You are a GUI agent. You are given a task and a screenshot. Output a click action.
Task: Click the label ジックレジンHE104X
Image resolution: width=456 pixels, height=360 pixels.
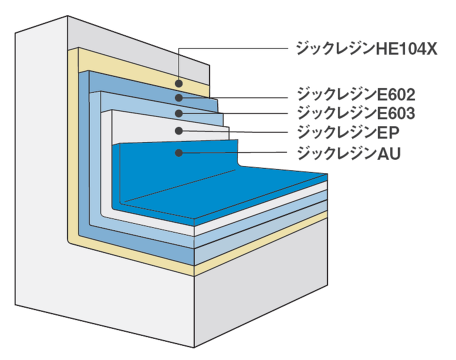(367, 49)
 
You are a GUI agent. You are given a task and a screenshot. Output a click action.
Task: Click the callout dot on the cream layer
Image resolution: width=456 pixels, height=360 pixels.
(179, 82)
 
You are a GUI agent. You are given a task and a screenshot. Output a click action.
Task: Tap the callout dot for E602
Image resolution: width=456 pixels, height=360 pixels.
(179, 97)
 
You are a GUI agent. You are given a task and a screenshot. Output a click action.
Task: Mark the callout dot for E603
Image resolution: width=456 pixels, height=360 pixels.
(179, 113)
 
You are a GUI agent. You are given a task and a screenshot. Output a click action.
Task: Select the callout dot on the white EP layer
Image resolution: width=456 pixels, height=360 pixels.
(179, 130)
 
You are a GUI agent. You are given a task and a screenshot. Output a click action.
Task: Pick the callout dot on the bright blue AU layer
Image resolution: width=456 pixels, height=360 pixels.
(179, 153)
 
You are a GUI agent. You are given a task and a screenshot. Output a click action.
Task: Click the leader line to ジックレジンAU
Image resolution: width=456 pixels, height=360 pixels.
(235, 153)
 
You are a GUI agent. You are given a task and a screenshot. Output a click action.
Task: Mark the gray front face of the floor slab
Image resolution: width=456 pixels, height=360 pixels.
(258, 294)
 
